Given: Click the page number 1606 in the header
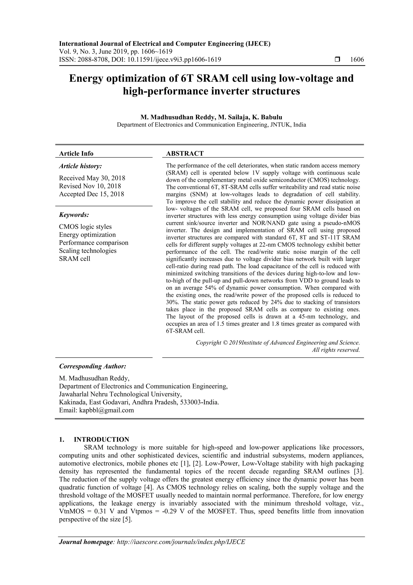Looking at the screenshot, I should click(357, 60).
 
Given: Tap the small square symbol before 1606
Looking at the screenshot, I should click(337, 60).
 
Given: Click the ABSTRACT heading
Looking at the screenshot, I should click(185, 153).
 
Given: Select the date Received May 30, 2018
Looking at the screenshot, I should click(92, 178).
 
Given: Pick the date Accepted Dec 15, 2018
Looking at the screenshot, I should click(92, 194).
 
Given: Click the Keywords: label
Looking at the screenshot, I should click(74, 215).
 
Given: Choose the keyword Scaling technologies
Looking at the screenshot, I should click(88, 251).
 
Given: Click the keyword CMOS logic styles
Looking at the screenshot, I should click(85, 227).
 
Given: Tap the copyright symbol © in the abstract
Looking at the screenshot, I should click(225, 343).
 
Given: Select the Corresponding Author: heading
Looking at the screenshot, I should click(93, 366).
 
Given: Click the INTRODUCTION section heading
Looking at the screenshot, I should click(101, 440).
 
